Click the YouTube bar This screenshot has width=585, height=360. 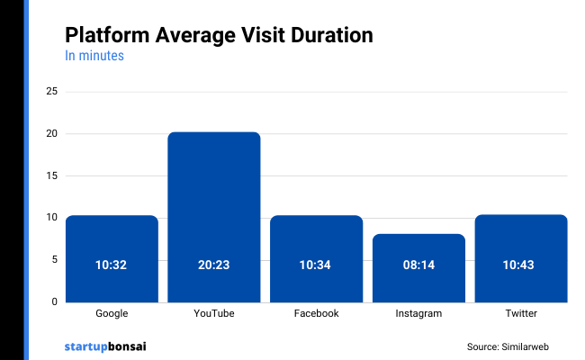click(x=214, y=216)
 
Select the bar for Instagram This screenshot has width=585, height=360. click(x=418, y=267)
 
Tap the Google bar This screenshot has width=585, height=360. click(x=112, y=258)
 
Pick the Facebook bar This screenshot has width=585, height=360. click(x=316, y=258)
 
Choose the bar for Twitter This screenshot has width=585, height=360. click(x=521, y=258)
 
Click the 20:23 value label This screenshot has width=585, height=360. click(x=214, y=265)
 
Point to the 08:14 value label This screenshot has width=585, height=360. click(x=418, y=265)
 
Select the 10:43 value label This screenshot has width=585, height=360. click(x=521, y=265)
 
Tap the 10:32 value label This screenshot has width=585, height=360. click(x=112, y=265)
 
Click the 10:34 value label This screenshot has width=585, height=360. click(x=316, y=265)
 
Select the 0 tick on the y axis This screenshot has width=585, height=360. click(x=55, y=301)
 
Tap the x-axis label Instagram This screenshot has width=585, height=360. click(x=418, y=314)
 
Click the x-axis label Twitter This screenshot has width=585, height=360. click(x=521, y=314)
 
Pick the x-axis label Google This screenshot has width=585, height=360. click(x=112, y=314)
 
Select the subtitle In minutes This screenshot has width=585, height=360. click(x=94, y=56)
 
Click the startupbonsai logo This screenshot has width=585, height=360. click(x=105, y=346)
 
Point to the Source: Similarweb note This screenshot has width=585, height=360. click(x=508, y=346)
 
